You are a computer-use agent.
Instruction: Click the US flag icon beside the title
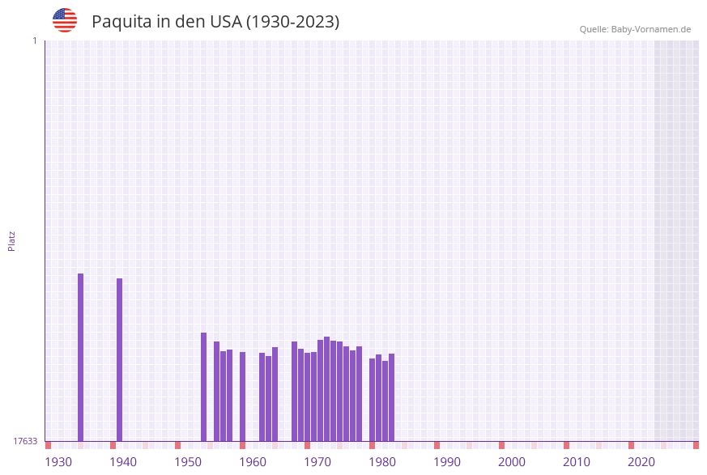(65, 20)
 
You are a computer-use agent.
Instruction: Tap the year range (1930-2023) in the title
(292, 22)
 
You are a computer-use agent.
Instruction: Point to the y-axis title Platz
(12, 240)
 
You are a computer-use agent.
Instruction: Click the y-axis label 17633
(25, 441)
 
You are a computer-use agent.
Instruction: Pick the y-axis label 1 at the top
(34, 40)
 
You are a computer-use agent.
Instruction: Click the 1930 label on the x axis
(58, 462)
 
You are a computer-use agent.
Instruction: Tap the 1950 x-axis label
(188, 462)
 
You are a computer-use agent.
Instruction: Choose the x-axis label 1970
(317, 462)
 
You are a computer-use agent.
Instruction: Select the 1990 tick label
(447, 462)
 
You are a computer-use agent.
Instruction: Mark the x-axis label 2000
(512, 462)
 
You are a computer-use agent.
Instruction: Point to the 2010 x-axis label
(577, 462)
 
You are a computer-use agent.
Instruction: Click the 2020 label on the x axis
(641, 462)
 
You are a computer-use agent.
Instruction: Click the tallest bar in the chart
(81, 356)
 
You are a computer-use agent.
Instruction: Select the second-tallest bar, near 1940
(120, 359)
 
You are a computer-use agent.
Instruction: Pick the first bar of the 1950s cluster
(204, 387)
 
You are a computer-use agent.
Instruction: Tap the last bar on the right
(392, 397)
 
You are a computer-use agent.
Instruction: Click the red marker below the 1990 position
(437, 445)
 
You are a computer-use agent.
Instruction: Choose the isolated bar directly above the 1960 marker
(243, 396)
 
